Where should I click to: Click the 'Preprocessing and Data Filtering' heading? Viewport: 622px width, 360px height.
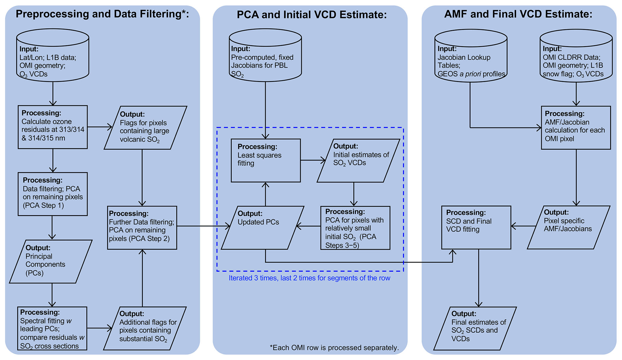(102, 14)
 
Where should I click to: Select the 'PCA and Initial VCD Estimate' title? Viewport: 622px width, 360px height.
(312, 14)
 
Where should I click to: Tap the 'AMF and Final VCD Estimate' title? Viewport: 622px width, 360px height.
(518, 14)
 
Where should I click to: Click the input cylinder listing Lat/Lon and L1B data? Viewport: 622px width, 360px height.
(53, 57)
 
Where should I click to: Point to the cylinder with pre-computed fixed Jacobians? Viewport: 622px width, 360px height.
(265, 57)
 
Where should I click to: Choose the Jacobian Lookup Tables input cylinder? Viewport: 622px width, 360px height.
(471, 57)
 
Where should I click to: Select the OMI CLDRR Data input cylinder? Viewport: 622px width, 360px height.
(576, 57)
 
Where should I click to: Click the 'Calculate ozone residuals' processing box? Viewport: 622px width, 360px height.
(53, 127)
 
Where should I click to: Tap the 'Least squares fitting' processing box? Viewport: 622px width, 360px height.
(266, 160)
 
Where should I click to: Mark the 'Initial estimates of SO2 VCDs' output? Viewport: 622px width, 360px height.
(358, 160)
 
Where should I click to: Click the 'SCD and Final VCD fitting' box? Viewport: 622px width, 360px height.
(476, 227)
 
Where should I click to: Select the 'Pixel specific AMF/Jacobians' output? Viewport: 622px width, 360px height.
(568, 227)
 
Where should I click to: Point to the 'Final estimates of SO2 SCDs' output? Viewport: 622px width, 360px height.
(475, 328)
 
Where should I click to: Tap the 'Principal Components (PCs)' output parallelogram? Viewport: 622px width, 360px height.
(51, 261)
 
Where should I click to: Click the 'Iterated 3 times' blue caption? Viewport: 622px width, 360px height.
(309, 278)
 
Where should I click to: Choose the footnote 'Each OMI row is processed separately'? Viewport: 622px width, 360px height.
(334, 348)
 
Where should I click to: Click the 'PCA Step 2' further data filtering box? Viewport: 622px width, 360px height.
(142, 228)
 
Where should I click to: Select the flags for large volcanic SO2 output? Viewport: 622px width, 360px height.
(145, 128)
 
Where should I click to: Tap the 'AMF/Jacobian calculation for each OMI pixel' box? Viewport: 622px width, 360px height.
(576, 128)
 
